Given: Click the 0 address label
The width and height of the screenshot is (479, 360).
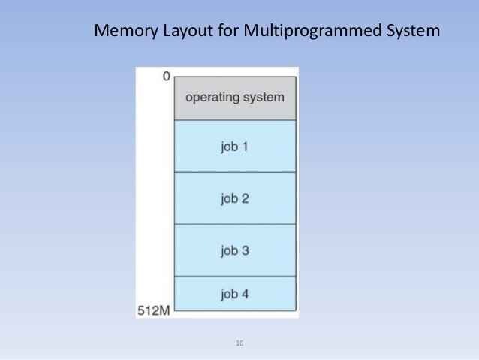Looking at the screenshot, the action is point(165,76).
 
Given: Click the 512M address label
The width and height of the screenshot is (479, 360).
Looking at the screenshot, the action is point(154,310).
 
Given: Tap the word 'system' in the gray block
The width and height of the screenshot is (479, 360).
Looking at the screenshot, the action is point(264,98).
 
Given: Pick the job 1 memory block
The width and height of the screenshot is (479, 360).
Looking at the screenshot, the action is point(235,146).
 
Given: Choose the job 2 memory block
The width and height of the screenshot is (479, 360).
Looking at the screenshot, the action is point(235,198).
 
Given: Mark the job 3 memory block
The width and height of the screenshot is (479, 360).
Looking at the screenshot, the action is point(235,250).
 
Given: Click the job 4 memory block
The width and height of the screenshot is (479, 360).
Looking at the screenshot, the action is point(235,294).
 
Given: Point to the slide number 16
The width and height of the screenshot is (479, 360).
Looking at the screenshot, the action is point(239,343).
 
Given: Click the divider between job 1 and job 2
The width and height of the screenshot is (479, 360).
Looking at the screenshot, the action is point(235,172).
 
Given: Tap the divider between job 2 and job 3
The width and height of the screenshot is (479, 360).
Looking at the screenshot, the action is point(235,224).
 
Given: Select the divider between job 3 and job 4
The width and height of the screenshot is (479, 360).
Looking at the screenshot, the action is point(235,277).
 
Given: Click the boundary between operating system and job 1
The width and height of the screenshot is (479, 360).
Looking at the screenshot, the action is point(235,120).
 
